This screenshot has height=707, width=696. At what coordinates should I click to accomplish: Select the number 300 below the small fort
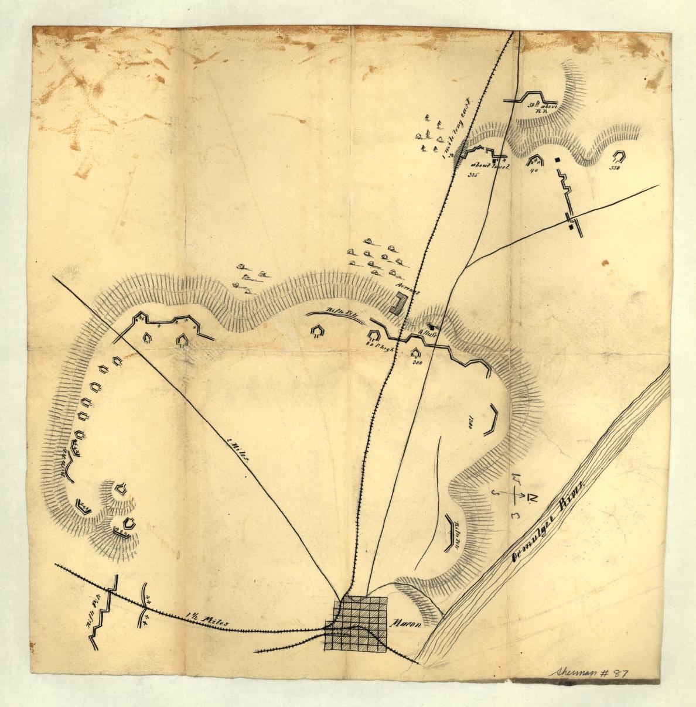coord(418,363)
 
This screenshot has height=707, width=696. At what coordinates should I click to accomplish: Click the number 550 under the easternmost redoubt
coord(614,168)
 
